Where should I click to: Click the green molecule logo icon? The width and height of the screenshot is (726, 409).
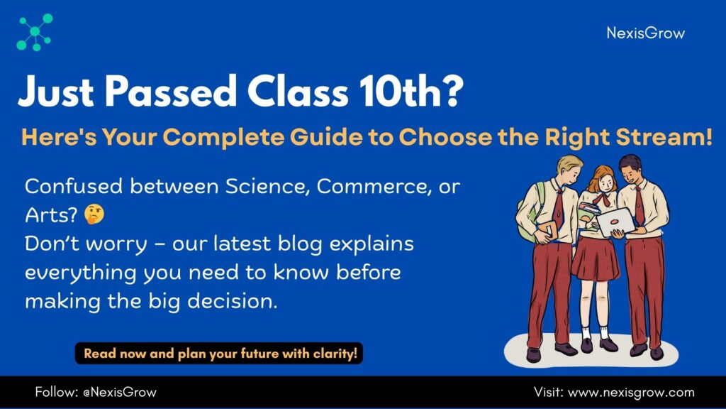[x=35, y=32]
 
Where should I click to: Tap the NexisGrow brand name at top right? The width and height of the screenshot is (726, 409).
[x=645, y=33]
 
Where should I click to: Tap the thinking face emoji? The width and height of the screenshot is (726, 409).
[x=94, y=214]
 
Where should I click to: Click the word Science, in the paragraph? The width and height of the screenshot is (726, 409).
[x=267, y=187]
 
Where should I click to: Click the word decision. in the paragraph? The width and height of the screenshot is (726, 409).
[x=232, y=301]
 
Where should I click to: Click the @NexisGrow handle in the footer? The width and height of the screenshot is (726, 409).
[x=120, y=392]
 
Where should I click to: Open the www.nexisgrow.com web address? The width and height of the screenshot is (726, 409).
[x=631, y=392]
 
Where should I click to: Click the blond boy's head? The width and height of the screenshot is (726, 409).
[x=569, y=169]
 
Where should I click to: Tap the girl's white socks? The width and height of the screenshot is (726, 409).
[x=595, y=332]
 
